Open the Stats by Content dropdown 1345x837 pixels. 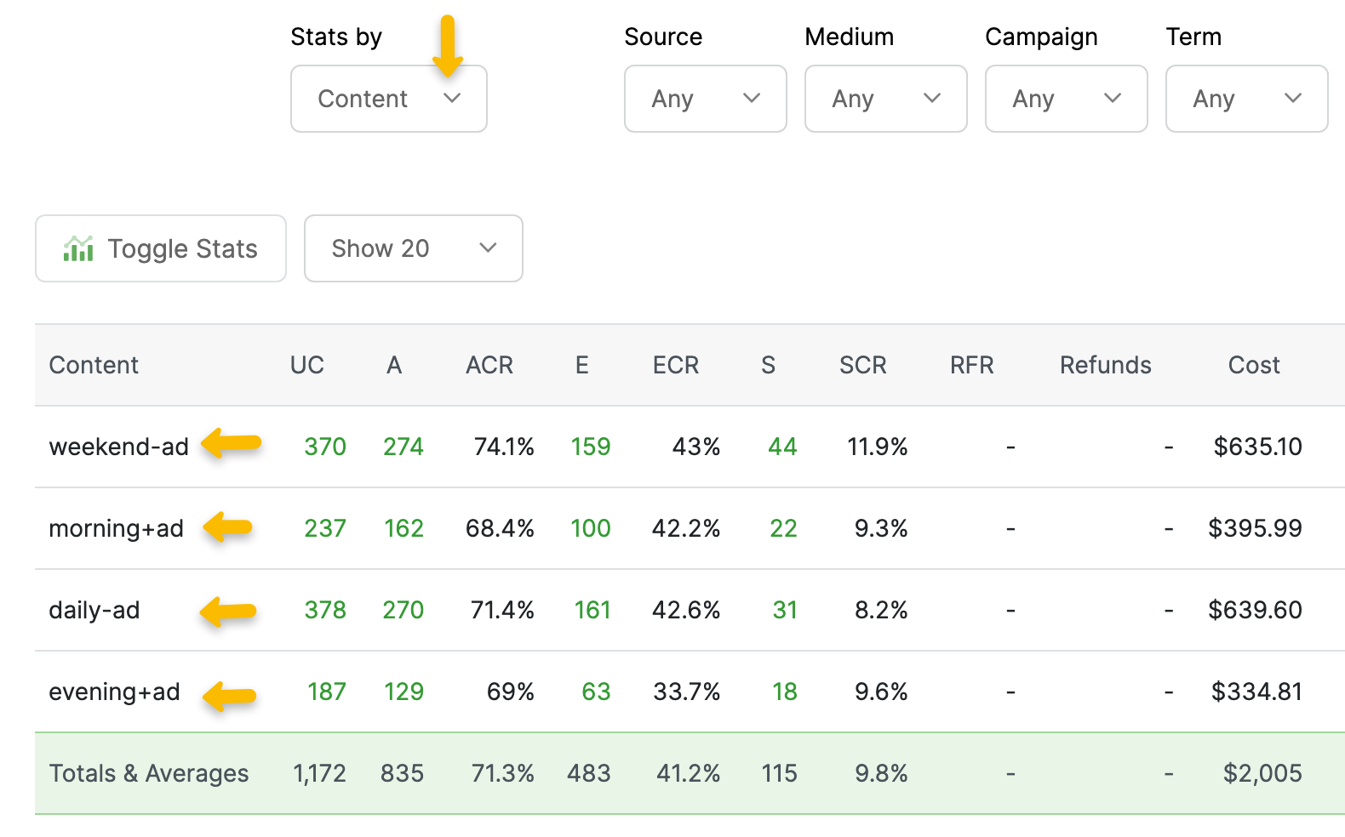[x=388, y=99]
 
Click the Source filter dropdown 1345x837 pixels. [x=705, y=99]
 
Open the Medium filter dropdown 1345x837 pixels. [x=885, y=99]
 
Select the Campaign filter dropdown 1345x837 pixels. [x=1066, y=99]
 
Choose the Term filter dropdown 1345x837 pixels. [x=1246, y=99]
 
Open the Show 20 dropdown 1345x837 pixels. [x=413, y=248]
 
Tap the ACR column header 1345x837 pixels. [x=489, y=365]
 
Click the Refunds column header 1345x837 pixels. [x=1105, y=365]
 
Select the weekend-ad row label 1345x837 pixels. [x=119, y=447]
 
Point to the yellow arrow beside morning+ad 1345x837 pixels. [x=228, y=527]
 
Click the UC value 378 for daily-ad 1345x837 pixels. [x=325, y=610]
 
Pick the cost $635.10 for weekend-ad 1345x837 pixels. [x=1257, y=447]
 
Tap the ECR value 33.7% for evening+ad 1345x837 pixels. [x=686, y=692]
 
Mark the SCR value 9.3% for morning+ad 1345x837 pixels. [x=881, y=528]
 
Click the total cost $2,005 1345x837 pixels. [x=1262, y=773]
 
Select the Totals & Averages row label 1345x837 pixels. [x=149, y=773]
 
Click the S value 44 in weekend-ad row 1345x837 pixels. [x=782, y=447]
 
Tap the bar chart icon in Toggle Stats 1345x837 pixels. [x=78, y=248]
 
